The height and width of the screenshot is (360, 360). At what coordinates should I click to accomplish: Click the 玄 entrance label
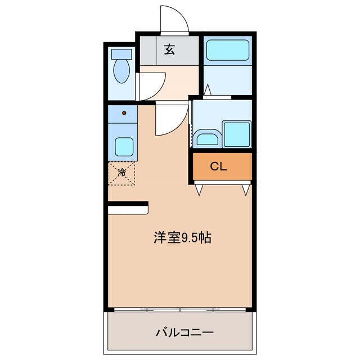coord(169,49)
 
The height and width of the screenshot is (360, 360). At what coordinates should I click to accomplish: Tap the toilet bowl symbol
coord(121,71)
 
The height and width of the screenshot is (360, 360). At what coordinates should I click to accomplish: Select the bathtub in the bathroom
coord(227,50)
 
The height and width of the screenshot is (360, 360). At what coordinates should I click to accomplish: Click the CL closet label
coord(219,166)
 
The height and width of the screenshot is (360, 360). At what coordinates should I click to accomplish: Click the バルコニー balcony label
coord(184,332)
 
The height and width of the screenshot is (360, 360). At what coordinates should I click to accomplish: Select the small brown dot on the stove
coord(124,112)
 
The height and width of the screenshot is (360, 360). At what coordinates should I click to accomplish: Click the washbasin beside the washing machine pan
coord(208,137)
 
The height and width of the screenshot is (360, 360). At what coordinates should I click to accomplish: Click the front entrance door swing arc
coord(174,20)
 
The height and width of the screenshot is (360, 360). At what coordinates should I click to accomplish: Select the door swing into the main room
coord(171,120)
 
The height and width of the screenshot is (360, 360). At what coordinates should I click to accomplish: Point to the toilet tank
coord(121,54)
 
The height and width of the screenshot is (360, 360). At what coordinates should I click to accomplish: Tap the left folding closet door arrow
coord(199,190)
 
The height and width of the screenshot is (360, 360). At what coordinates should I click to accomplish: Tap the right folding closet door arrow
coord(246,190)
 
